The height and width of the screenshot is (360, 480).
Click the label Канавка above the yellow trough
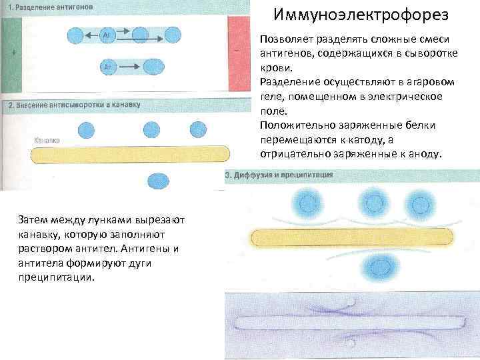tap(47, 141)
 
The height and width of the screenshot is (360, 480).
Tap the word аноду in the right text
tap(425, 153)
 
